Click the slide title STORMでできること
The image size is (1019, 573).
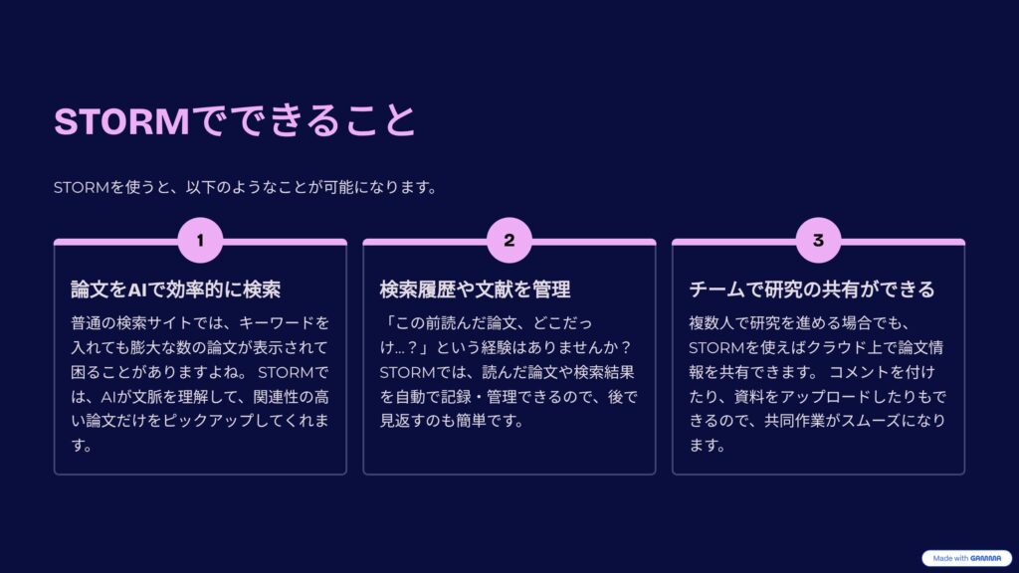(235, 120)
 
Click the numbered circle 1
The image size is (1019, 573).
(200, 241)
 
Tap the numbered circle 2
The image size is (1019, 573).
(509, 241)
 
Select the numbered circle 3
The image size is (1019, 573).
(818, 241)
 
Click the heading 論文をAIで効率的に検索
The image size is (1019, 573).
(175, 289)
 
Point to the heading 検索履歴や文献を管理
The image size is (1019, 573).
(475, 289)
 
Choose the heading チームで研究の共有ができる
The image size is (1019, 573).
(812, 289)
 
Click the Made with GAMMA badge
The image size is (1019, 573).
(966, 558)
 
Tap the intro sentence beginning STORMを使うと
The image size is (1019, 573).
(245, 187)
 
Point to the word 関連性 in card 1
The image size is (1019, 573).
(276, 396)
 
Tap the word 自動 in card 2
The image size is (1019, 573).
(410, 396)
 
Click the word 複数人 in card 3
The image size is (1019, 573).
(712, 323)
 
